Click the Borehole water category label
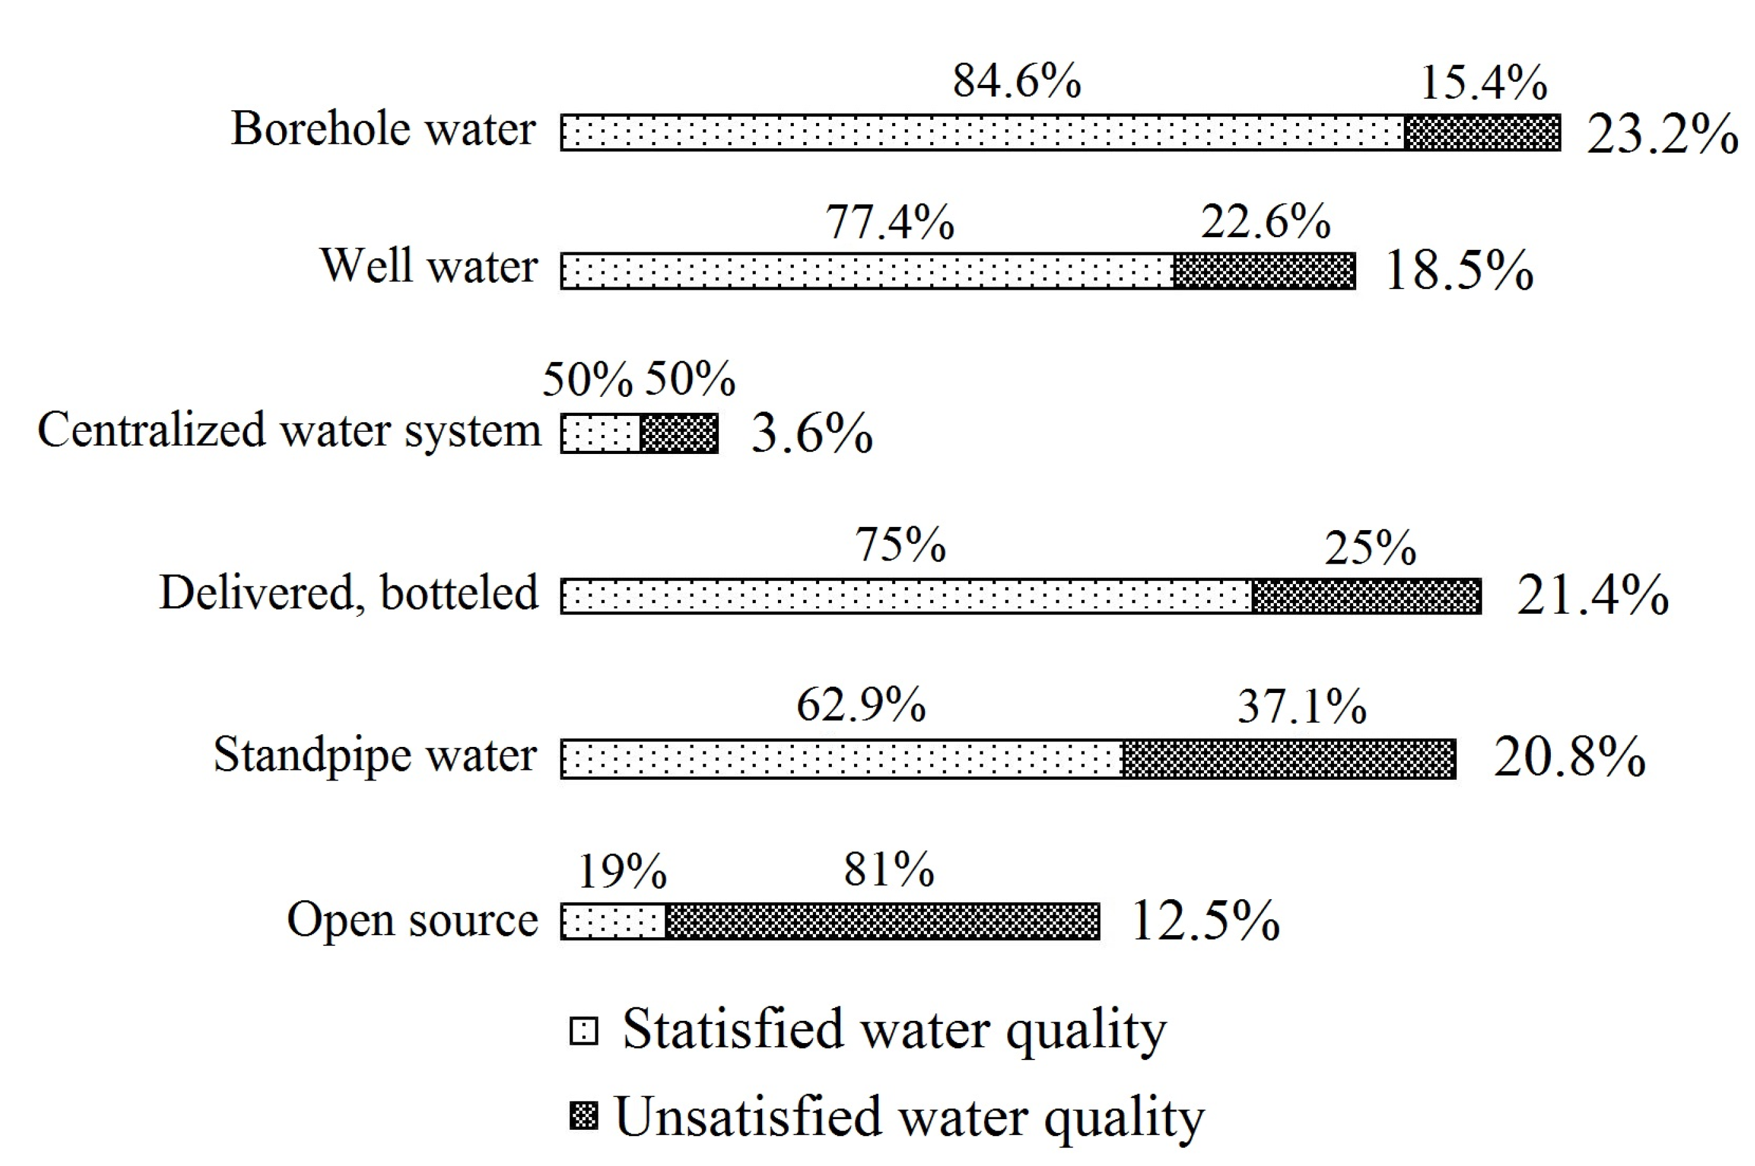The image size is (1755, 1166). tap(383, 129)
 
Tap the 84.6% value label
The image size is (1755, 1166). tap(1016, 81)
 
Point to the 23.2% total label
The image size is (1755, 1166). tap(1662, 134)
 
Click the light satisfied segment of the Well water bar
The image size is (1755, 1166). tap(867, 271)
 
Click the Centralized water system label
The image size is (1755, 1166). tap(289, 430)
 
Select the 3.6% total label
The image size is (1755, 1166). tap(812, 433)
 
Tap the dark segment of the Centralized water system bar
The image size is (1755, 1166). tap(679, 434)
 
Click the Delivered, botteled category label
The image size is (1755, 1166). tap(348, 593)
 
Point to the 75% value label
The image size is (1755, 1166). tap(900, 545)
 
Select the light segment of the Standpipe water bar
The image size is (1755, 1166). tap(841, 759)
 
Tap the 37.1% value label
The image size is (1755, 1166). tap(1302, 706)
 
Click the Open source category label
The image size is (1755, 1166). tap(412, 920)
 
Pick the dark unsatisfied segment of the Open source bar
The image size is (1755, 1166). tap(882, 921)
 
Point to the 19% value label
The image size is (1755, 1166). tap(622, 871)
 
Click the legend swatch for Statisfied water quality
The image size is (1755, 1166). tap(584, 1032)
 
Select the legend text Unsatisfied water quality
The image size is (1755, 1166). tap(909, 1117)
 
